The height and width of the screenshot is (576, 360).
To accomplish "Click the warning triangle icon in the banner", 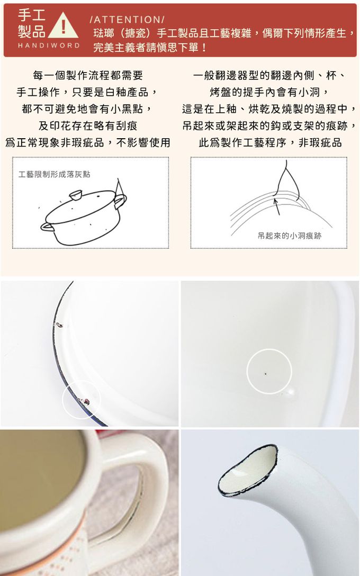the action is tap(63, 26).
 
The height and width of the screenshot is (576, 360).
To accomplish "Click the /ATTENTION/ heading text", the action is tap(127, 20).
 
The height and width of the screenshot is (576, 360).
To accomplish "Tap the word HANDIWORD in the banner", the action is tap(49, 46).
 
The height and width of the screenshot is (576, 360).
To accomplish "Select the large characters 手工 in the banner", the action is tap(32, 15).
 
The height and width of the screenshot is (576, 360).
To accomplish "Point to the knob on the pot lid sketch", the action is tap(76, 195).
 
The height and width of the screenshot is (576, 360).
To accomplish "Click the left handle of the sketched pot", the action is tap(47, 227).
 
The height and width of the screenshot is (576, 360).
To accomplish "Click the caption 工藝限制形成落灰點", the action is tap(55, 174).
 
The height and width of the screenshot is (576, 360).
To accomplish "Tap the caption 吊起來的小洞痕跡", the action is tap(290, 236).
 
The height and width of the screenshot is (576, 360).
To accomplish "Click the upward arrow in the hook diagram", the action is tap(277, 206).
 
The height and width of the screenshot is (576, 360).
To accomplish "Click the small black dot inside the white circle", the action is tap(266, 374).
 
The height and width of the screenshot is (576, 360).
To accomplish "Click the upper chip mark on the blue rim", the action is tap(59, 325).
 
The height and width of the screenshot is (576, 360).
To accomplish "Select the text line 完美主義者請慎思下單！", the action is tap(150, 48).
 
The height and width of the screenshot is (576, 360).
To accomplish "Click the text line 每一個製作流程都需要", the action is tap(88, 76).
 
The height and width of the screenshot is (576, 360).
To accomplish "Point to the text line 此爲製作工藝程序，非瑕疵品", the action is tap(271, 142).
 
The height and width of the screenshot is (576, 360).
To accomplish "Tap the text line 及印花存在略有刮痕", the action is tap(88, 126).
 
